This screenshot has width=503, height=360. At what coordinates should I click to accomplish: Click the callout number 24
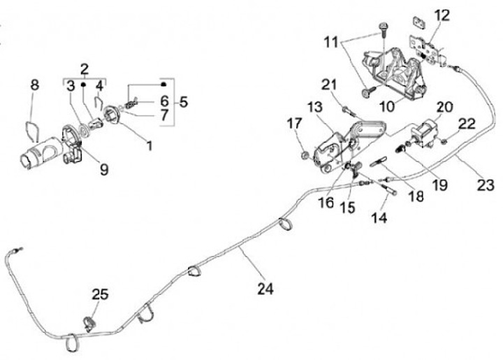pos(265,289)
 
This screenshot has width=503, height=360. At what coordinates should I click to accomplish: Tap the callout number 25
pos(101,294)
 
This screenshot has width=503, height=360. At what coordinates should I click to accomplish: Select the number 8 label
pos(35,85)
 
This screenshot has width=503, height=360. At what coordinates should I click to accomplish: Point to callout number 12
pos(442,15)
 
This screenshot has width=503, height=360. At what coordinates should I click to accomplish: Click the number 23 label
pos(486,185)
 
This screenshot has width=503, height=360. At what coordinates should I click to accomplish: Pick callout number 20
pos(444,107)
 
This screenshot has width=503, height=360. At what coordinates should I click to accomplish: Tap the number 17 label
pos(295,123)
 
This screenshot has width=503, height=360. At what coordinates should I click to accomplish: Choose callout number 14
pos(379,218)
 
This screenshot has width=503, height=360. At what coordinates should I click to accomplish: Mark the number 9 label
pos(104,169)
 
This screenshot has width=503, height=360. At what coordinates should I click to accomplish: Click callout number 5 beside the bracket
pos(184,102)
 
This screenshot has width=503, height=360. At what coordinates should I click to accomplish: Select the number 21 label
pos(329,85)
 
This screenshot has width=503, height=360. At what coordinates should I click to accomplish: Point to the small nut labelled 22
pos(443,141)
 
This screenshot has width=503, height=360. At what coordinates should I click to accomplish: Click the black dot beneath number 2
pos(82,85)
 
